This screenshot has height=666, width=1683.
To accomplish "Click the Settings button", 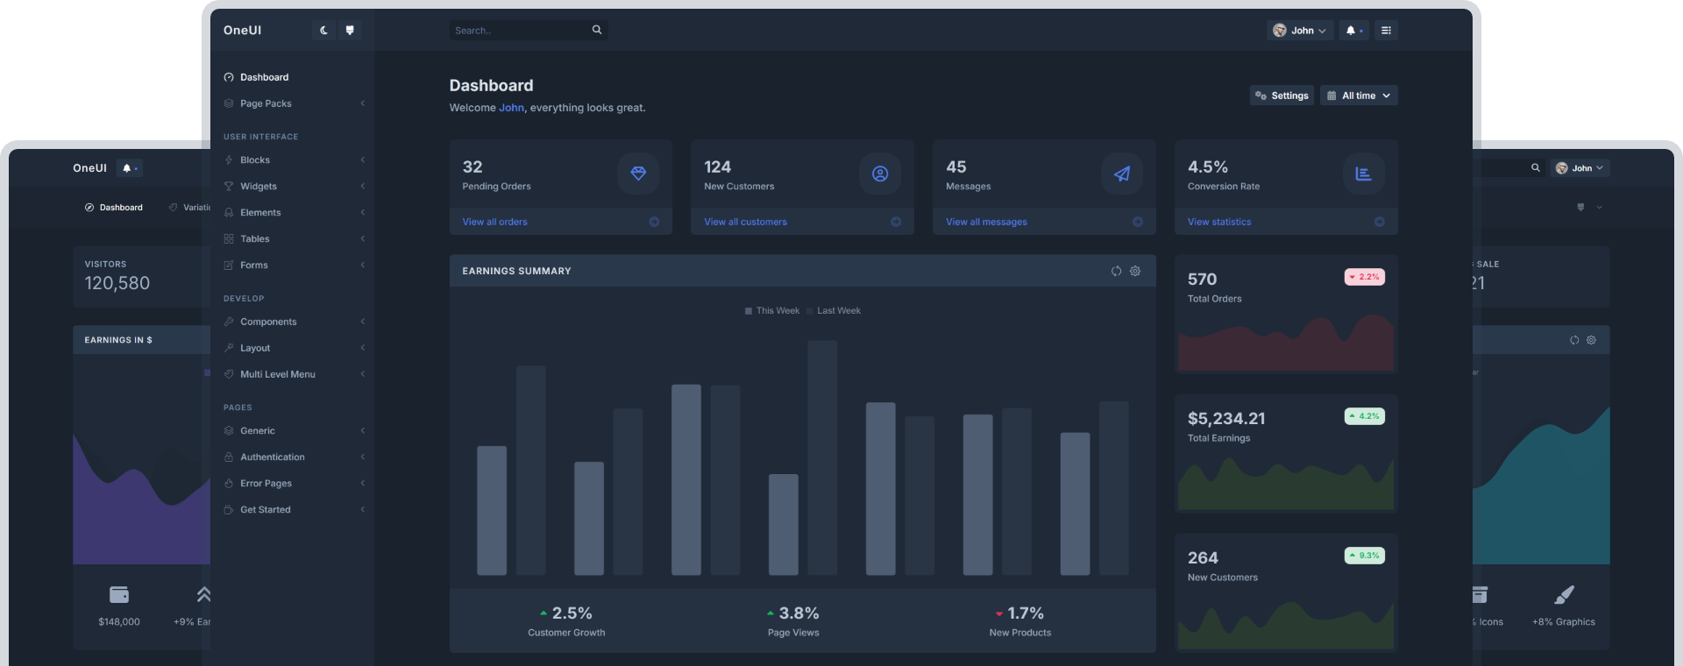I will click(1282, 96).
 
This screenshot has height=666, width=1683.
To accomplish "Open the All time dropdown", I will click(1359, 96).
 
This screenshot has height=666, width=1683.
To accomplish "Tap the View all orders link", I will click(494, 222).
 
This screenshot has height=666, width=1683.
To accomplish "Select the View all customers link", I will click(745, 222).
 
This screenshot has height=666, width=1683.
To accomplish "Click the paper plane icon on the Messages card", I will click(1122, 174).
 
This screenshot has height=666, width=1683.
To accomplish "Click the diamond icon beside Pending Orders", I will click(638, 174).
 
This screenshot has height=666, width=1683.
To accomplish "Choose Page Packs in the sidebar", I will click(266, 103).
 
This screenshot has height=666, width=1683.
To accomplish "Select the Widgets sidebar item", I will click(258, 186).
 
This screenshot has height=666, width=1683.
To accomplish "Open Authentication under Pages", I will click(272, 457).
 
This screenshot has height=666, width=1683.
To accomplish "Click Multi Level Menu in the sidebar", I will click(277, 374).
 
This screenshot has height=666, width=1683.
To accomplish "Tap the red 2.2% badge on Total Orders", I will click(1364, 277).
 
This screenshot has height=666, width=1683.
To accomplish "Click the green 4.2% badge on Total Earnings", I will click(1364, 416).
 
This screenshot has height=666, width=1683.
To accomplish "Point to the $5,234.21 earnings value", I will click(1225, 419).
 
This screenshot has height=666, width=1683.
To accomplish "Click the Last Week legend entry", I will click(838, 311).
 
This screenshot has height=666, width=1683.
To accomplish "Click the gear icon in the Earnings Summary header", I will click(1135, 271).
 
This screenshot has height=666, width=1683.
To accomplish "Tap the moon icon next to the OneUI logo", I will click(323, 31).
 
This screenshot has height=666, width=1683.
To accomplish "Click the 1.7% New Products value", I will click(1024, 613).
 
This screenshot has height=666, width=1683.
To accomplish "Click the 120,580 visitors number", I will click(117, 283).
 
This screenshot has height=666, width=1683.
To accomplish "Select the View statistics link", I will click(1218, 222).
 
